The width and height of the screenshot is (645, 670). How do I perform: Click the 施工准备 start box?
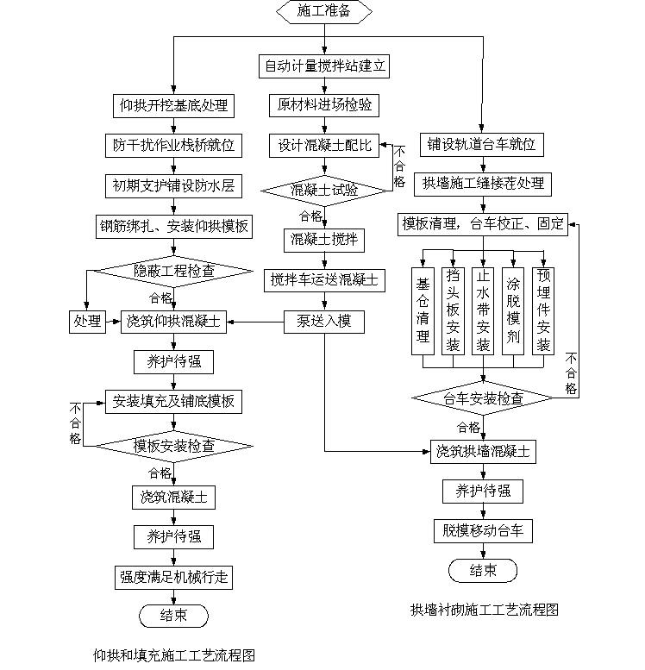tap(323, 12)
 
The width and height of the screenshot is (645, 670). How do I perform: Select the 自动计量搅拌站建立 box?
tap(324, 65)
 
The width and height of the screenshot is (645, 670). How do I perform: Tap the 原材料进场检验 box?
tap(324, 105)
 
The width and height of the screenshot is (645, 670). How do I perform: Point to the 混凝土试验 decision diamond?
tap(324, 190)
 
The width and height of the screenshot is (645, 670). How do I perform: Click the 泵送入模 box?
tap(324, 322)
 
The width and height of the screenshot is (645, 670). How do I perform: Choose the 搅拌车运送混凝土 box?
tap(324, 279)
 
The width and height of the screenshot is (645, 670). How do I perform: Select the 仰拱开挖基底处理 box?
tap(174, 105)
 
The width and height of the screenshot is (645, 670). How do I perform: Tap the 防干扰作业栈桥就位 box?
tap(174, 145)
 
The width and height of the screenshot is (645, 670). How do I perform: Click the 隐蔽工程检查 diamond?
tap(174, 271)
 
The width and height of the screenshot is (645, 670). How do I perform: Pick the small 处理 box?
tap(86, 322)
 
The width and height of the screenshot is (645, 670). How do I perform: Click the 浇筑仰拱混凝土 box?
tap(174, 322)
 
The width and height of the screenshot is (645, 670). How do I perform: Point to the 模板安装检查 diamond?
tap(174, 446)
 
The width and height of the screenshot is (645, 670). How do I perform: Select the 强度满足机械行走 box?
tap(174, 575)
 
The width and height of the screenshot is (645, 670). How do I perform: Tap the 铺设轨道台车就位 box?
tap(482, 145)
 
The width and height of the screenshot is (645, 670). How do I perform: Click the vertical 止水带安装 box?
tap(483, 311)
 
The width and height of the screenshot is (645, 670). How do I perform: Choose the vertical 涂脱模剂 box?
tap(513, 311)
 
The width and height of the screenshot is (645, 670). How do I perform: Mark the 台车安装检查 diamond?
tap(484, 398)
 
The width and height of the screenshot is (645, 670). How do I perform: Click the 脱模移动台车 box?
tap(484, 530)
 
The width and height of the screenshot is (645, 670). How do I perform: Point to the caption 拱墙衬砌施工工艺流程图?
tap(484, 610)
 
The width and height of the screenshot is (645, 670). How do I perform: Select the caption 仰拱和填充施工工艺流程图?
tap(174, 654)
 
